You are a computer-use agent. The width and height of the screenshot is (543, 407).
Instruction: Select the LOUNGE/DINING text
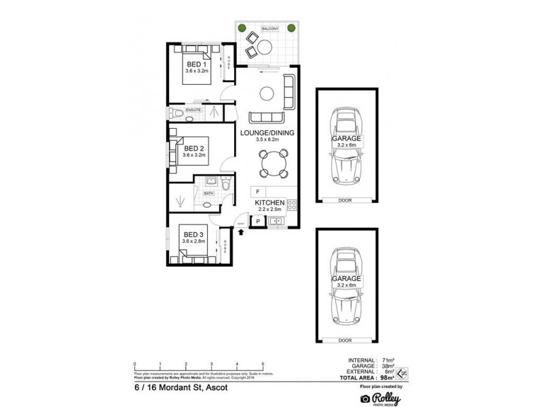click(267, 133)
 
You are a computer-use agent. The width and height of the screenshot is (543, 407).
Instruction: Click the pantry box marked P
click(257, 220)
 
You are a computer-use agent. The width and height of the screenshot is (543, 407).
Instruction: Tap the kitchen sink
click(276, 220)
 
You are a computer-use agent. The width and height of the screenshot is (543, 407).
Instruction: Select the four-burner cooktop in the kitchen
click(292, 204)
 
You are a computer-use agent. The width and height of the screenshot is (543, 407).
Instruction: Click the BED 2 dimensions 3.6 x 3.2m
click(194, 155)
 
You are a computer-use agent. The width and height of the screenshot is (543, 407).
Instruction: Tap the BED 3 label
click(193, 234)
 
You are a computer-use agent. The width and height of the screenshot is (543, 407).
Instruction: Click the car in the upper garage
click(346, 144)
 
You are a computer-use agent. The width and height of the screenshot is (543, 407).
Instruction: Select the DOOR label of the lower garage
click(346, 341)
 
